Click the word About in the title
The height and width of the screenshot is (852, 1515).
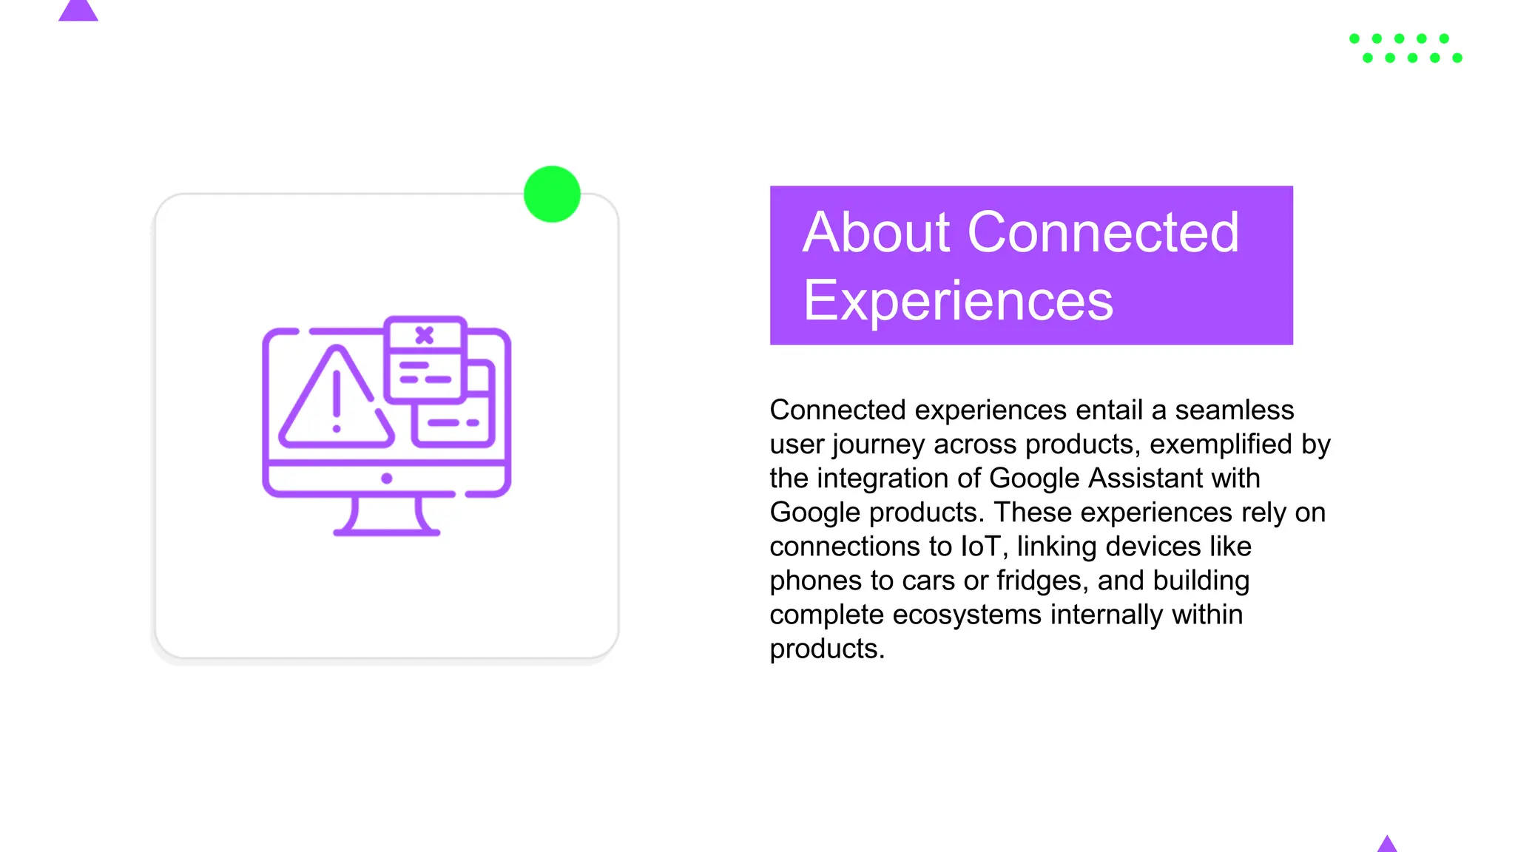pos(876,233)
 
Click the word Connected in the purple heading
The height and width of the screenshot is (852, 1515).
pos(1103,233)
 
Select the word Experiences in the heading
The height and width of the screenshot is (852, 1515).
pos(957,301)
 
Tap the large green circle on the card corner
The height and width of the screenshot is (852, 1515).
pos(552,195)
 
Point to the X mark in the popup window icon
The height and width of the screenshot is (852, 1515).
pos(424,335)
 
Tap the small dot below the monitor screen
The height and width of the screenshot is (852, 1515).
pos(386,479)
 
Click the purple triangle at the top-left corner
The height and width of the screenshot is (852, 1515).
pos(78,10)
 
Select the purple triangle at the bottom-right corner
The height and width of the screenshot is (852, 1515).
pos(1387,845)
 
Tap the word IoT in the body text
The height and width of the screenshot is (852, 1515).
pos(980,547)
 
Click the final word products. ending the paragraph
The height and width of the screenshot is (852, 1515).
pos(826,649)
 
